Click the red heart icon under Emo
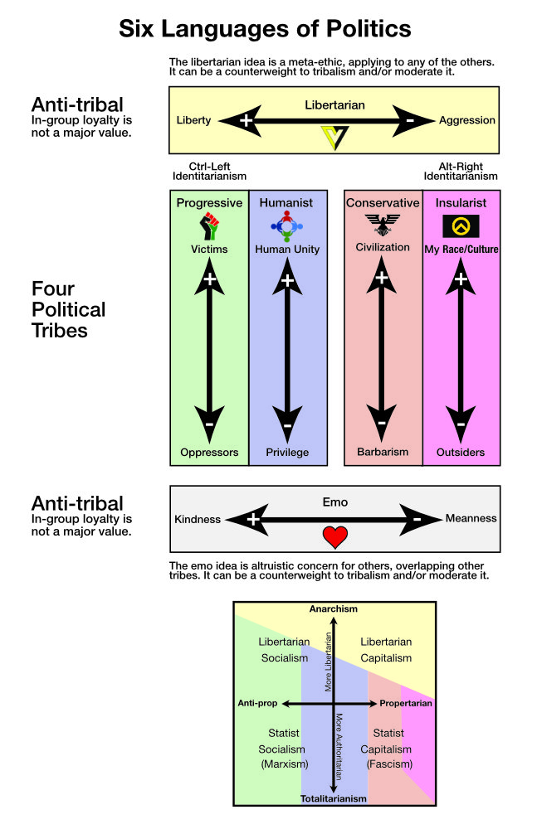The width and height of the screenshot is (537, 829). [x=334, y=536]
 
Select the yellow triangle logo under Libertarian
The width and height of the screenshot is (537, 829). [x=334, y=136]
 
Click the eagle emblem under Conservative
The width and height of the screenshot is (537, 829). [x=382, y=225]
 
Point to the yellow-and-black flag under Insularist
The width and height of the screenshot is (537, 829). [x=460, y=226]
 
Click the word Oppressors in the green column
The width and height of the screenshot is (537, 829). [x=209, y=453]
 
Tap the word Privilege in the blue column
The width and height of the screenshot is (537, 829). [x=287, y=453]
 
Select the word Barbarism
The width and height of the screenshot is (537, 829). [x=383, y=453]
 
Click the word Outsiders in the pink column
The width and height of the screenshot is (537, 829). [x=461, y=453]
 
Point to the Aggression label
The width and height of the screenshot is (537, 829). [x=467, y=120]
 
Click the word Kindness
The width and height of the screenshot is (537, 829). [x=198, y=519]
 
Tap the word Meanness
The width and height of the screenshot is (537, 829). [x=471, y=519]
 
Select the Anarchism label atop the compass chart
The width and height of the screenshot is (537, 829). [x=334, y=609]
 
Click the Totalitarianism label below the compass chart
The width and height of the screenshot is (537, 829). [x=334, y=798]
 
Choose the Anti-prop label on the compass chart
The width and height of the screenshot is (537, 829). [x=257, y=704]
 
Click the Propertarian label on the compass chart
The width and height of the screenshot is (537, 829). [x=406, y=704]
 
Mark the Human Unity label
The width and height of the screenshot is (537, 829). [x=287, y=249]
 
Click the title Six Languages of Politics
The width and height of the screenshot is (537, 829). [x=265, y=29]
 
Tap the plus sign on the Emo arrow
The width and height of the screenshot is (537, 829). [x=253, y=519]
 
